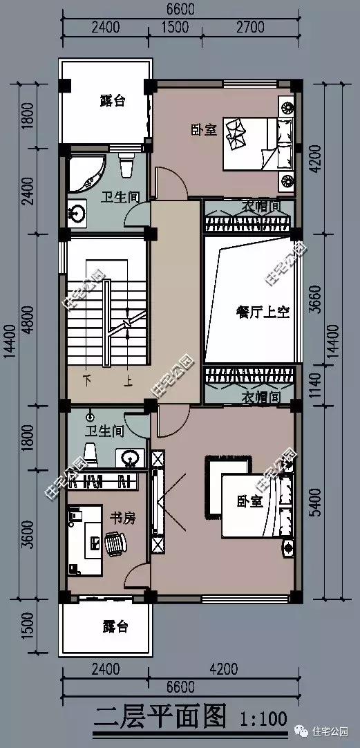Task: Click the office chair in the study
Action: (x=117, y=543)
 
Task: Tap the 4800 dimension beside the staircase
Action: (x=26, y=320)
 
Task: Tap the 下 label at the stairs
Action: (x=87, y=380)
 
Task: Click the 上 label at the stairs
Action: (x=128, y=380)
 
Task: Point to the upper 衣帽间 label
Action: (x=260, y=205)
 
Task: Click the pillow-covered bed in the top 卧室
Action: (x=258, y=144)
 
